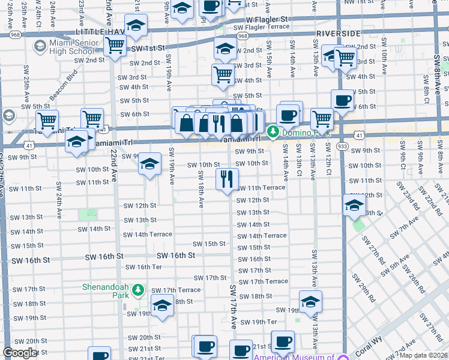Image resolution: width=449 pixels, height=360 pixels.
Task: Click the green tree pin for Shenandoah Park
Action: pyautogui.click(x=139, y=290)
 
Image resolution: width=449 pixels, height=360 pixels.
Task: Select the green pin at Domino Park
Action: pyautogui.click(x=273, y=130)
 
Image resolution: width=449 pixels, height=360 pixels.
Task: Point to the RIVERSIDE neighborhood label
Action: pyautogui.click(x=339, y=33)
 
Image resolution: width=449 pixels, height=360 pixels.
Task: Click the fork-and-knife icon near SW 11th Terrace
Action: pyautogui.click(x=227, y=178)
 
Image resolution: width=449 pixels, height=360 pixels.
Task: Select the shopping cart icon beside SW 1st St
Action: pyautogui.click(x=115, y=45)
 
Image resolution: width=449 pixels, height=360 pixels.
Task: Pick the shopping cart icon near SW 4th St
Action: pyautogui.click(x=223, y=74)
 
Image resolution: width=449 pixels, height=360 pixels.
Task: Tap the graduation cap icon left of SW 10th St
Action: pyautogui.click(x=149, y=163)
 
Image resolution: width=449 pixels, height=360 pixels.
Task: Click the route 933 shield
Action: pyautogui.click(x=342, y=145)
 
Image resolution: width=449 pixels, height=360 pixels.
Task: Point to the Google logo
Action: pyautogui.click(x=20, y=353)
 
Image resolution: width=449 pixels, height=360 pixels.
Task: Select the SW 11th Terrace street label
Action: pyautogui.click(x=261, y=188)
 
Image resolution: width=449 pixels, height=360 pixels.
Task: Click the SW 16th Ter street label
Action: pyautogui.click(x=133, y=267)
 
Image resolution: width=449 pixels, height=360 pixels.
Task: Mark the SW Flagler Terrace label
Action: pyautogui.click(x=261, y=27)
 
